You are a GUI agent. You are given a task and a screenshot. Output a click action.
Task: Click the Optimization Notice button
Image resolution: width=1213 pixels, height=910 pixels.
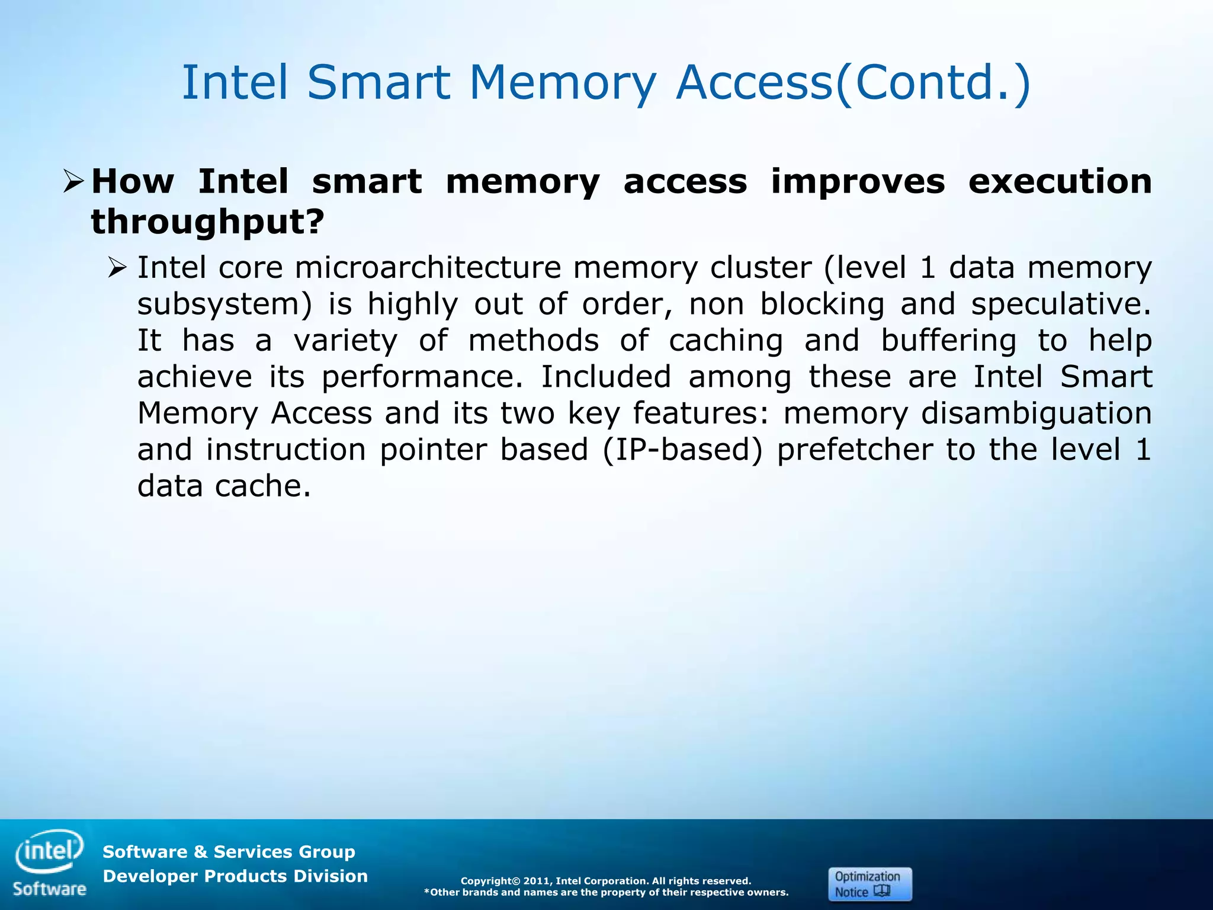pyautogui.click(x=869, y=884)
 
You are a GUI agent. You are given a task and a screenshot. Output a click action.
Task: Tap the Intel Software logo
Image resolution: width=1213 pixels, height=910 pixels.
pyautogui.click(x=50, y=862)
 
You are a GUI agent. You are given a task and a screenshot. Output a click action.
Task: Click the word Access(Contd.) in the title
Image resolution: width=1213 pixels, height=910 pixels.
pyautogui.click(x=853, y=82)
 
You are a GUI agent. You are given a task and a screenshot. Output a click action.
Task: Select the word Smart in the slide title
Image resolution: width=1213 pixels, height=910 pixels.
pyautogui.click(x=378, y=82)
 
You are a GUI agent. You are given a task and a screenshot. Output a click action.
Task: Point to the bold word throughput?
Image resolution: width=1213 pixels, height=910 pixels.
pyautogui.click(x=208, y=222)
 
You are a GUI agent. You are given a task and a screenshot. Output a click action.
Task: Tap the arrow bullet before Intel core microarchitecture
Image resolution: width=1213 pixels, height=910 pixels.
pyautogui.click(x=118, y=268)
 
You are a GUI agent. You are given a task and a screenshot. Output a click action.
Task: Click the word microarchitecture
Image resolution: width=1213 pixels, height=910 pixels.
pyautogui.click(x=428, y=268)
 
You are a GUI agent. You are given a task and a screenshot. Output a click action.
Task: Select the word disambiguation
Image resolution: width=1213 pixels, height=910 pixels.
pyautogui.click(x=1036, y=413)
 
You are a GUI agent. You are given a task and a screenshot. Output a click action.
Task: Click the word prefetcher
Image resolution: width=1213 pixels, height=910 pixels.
pyautogui.click(x=855, y=450)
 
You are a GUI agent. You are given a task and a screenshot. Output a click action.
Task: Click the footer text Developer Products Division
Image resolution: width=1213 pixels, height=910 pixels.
pyautogui.click(x=235, y=876)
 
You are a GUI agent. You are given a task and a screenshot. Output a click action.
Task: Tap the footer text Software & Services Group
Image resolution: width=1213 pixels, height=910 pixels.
pyautogui.click(x=229, y=852)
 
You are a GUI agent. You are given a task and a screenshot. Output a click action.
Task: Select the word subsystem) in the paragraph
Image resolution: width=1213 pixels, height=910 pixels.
pyautogui.click(x=224, y=305)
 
